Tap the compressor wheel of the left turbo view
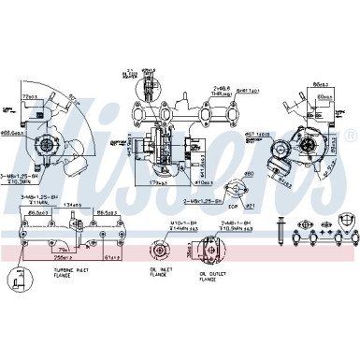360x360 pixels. tap(46, 147)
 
